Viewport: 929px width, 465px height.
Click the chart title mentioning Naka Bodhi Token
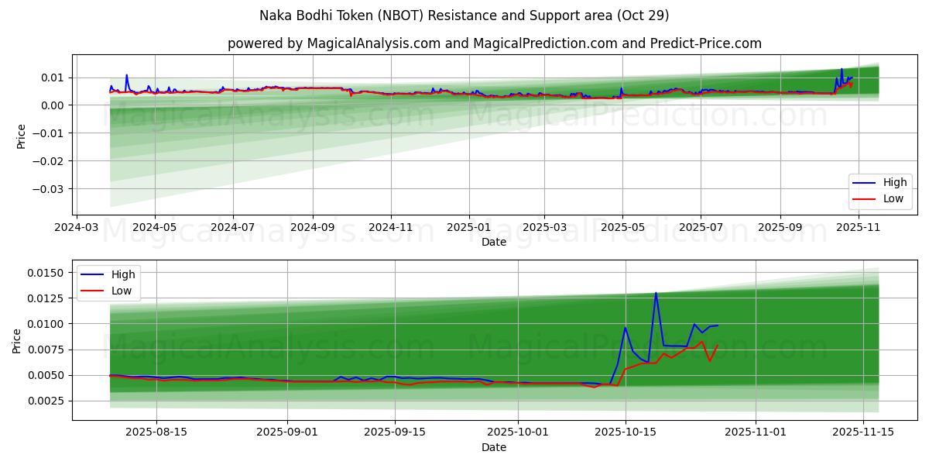[x=464, y=15]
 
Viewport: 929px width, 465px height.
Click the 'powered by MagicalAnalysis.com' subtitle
[x=494, y=43]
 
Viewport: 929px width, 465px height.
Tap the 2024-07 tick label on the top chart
[x=233, y=229]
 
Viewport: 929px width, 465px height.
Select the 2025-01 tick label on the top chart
[x=468, y=229]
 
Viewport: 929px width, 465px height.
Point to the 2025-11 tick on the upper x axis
[x=859, y=229]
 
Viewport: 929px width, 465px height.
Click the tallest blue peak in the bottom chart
[x=656, y=293]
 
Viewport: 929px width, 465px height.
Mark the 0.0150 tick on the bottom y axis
[x=46, y=273]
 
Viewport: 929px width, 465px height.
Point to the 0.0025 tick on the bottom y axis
[x=46, y=401]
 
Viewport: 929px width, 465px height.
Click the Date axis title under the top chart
[x=494, y=242]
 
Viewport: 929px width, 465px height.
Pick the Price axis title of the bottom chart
[x=17, y=340]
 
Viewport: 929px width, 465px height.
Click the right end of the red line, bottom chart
[x=718, y=345]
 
